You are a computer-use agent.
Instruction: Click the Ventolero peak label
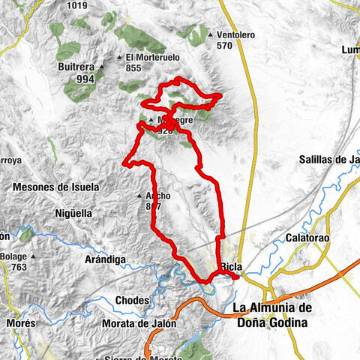pos(239,34)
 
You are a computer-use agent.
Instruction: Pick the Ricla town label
pos(231,267)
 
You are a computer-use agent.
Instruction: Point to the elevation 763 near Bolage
pos(19,267)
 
